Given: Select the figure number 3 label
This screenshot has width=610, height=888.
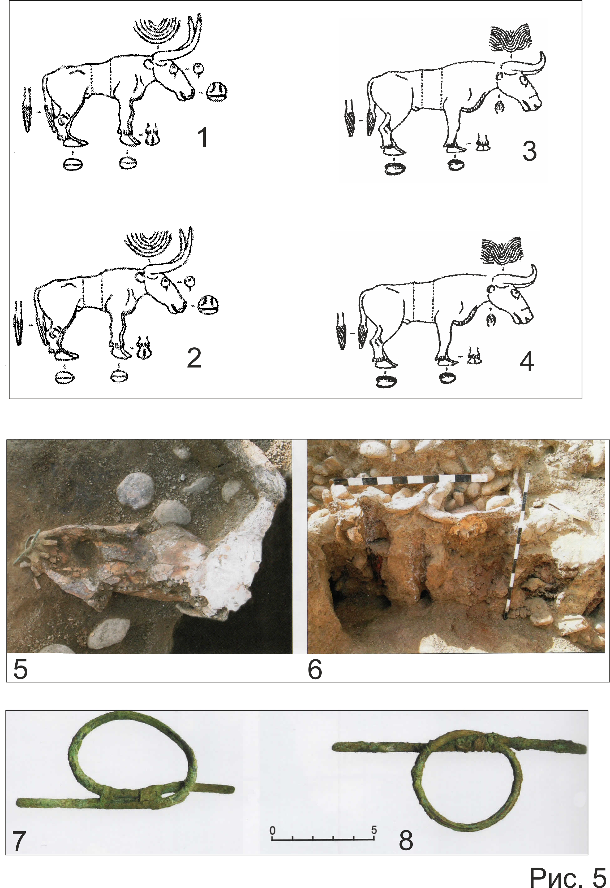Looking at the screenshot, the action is [x=529, y=151].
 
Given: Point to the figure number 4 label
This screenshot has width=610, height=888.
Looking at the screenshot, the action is [x=527, y=361].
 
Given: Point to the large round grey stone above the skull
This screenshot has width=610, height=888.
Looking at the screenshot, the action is [x=135, y=491].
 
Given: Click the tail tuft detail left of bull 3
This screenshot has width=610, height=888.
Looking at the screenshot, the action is [x=350, y=119].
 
